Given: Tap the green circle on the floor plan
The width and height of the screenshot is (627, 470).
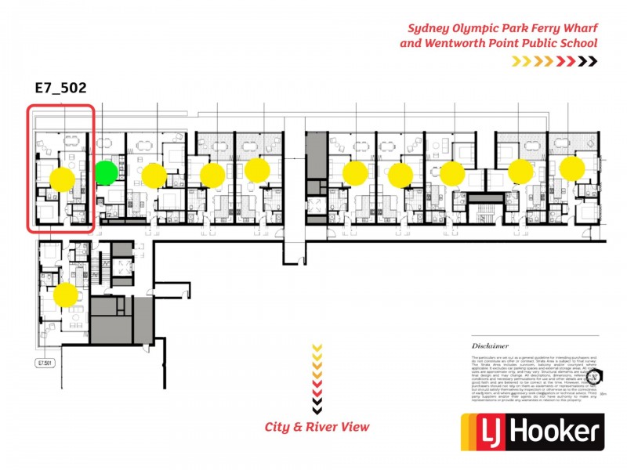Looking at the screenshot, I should click(106, 172).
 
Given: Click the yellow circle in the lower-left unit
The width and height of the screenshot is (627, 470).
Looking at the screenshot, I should click(66, 295).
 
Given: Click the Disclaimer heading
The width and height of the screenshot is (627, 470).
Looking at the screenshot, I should click(490, 345).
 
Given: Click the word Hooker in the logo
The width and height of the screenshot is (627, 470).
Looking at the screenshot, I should click(559, 432).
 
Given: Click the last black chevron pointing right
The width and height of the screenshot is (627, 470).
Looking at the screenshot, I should click(593, 60).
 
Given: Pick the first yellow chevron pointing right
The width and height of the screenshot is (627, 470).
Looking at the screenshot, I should click(516, 60).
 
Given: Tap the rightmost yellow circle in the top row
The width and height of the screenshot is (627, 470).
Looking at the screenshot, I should click(572, 167).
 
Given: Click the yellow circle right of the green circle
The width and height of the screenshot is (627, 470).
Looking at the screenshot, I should click(154, 175).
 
